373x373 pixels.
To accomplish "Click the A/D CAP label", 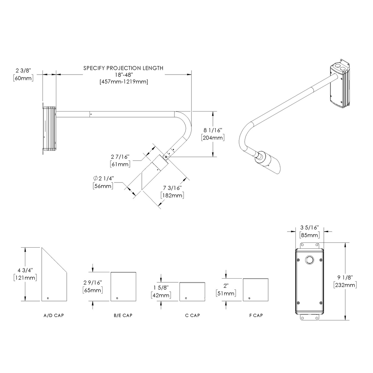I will pos(54,316).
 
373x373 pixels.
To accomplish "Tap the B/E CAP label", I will pos(123,316).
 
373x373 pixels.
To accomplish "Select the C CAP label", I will pos(192,316).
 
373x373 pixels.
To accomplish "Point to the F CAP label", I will pos(256,316).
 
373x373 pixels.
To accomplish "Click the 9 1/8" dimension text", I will pos(345,278).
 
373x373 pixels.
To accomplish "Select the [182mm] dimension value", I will pos(172,195).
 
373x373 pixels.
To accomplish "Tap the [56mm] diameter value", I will pos(103,186).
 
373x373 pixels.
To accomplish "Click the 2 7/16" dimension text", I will pos(120,157).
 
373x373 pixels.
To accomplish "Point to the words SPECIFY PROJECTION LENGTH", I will pos(123,68).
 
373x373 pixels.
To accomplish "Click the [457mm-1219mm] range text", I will pos(123,82).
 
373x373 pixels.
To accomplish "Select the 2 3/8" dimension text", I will pos(23,70).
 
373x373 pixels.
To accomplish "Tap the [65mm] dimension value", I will pos(93,290).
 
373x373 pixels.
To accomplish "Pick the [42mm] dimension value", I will pos(161,295).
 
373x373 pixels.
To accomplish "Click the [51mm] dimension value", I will pos(226,294).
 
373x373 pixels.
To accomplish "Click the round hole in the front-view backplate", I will pos(309,260).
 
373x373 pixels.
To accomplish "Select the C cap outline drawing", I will pos(192,292).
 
